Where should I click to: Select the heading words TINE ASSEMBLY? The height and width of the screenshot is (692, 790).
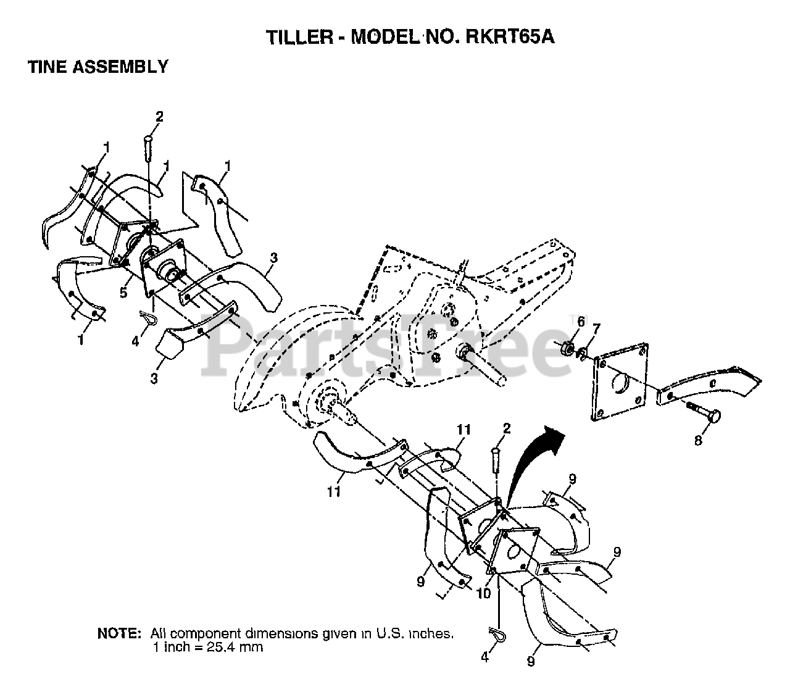[98, 67]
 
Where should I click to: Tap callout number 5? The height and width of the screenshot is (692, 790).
[123, 293]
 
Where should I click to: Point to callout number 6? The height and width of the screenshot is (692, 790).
[580, 322]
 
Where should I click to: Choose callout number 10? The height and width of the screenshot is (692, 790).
[484, 593]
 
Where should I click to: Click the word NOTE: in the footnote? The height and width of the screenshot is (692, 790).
[119, 633]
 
